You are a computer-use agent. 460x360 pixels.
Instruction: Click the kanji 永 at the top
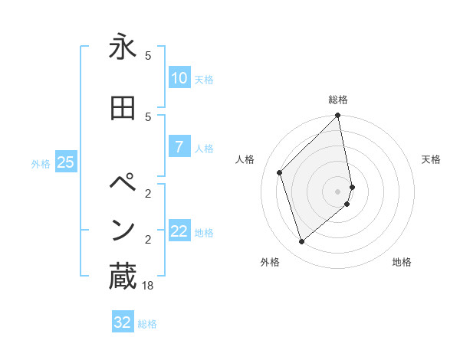123,47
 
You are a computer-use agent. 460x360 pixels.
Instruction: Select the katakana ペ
123,185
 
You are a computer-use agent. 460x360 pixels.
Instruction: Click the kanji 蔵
123,277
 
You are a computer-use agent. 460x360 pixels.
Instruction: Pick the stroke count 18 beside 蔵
148,286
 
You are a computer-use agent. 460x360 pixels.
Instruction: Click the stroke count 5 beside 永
148,56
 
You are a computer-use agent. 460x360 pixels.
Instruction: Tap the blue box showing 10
179,78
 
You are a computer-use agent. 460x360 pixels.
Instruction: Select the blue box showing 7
179,147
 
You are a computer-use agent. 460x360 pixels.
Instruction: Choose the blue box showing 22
179,231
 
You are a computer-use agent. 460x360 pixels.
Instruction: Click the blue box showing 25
65,162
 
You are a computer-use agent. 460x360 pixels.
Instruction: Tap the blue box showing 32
122,322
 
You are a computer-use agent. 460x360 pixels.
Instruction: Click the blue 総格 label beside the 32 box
148,324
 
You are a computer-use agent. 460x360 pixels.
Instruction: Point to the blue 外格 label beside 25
41,163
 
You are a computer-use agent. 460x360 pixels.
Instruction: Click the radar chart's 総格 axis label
338,100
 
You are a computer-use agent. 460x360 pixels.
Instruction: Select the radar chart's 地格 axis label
402,262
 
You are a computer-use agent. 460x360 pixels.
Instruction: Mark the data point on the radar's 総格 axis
338,116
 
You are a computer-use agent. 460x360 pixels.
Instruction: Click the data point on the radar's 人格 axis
280,172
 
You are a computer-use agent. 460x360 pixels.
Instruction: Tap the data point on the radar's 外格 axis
301,242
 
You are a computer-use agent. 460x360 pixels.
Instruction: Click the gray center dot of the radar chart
338,191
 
